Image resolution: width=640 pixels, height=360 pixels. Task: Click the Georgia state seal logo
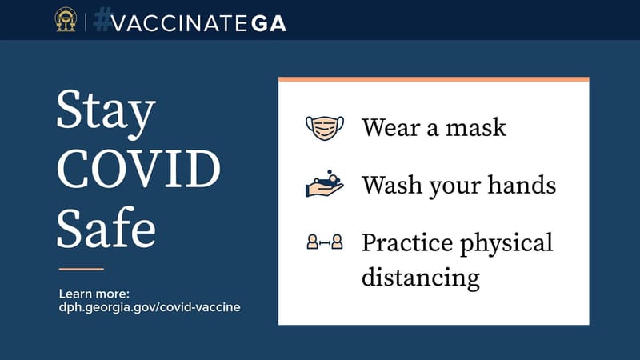66,20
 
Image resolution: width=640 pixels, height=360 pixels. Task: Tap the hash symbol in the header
101,20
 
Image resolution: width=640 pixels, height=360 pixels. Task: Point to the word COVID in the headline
138,170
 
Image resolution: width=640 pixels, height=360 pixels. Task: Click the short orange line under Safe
82,269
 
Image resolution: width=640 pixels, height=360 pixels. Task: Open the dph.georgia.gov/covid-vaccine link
150,307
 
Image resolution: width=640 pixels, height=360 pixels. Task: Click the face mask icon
325,127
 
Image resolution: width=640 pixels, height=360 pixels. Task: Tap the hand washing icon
325,185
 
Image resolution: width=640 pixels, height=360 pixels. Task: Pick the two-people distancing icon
325,242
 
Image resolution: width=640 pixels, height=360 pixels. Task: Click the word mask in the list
478,127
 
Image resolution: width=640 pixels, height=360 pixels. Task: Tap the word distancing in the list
421,278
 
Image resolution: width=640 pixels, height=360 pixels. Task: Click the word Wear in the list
388,127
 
